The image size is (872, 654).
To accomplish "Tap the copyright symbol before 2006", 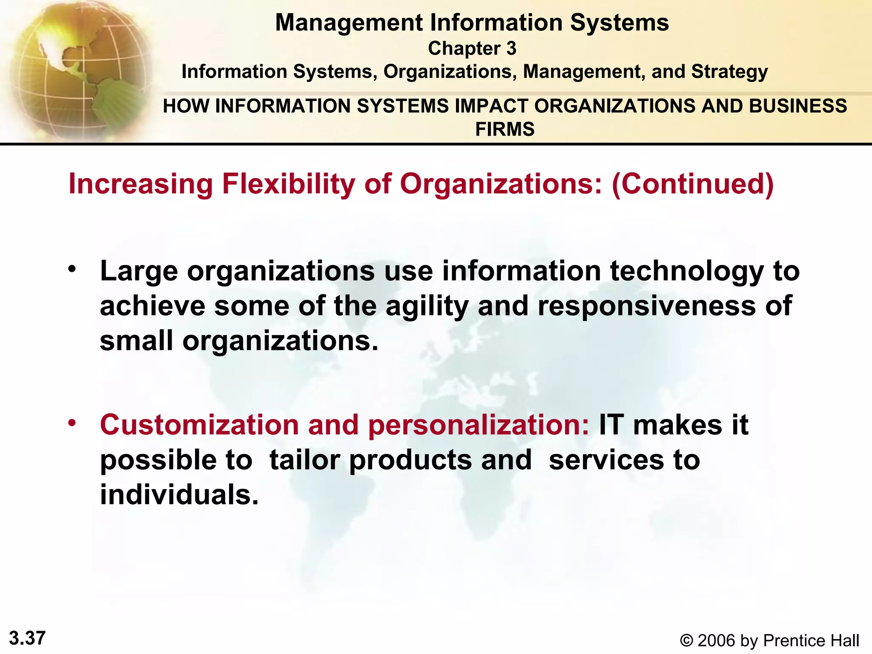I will [x=686, y=641].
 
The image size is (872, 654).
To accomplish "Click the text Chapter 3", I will [x=472, y=49].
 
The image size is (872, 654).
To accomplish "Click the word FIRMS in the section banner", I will [x=505, y=129].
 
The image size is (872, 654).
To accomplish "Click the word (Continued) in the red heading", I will [x=693, y=184].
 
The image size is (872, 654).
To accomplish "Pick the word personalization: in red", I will [x=479, y=425].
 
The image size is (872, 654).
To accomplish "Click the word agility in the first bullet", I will [x=427, y=307].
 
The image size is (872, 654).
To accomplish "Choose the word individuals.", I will [x=179, y=495].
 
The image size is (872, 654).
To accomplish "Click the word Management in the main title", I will [x=349, y=23].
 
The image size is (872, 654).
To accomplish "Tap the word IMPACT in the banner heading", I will [x=491, y=106].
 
